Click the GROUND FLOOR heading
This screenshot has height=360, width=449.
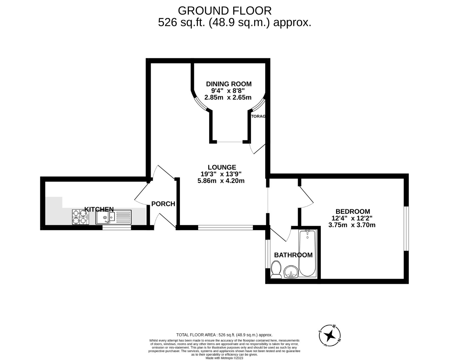point(224,11)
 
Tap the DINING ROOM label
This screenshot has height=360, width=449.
point(228,84)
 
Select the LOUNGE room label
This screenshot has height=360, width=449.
point(222,167)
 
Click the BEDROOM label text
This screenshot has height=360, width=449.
point(353,211)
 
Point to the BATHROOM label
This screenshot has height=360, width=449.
point(293,255)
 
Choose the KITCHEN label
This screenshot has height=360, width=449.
point(99,209)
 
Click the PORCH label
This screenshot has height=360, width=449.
point(163,204)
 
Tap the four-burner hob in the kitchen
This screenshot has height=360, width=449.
point(80,217)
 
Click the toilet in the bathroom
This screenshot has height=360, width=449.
point(276,270)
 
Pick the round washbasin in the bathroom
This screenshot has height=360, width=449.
point(291,272)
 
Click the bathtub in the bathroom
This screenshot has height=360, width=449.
point(307,254)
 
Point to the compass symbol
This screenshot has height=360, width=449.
point(330,335)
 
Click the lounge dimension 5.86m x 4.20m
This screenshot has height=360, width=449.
point(221,181)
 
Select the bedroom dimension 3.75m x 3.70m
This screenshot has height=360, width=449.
point(352,225)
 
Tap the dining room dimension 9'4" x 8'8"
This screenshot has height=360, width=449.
point(228,91)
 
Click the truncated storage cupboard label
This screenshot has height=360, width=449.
point(258,116)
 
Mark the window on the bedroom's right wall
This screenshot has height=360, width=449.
point(406,228)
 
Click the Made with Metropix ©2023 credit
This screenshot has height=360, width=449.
point(224,358)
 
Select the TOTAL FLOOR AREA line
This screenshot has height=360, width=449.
point(224,335)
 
